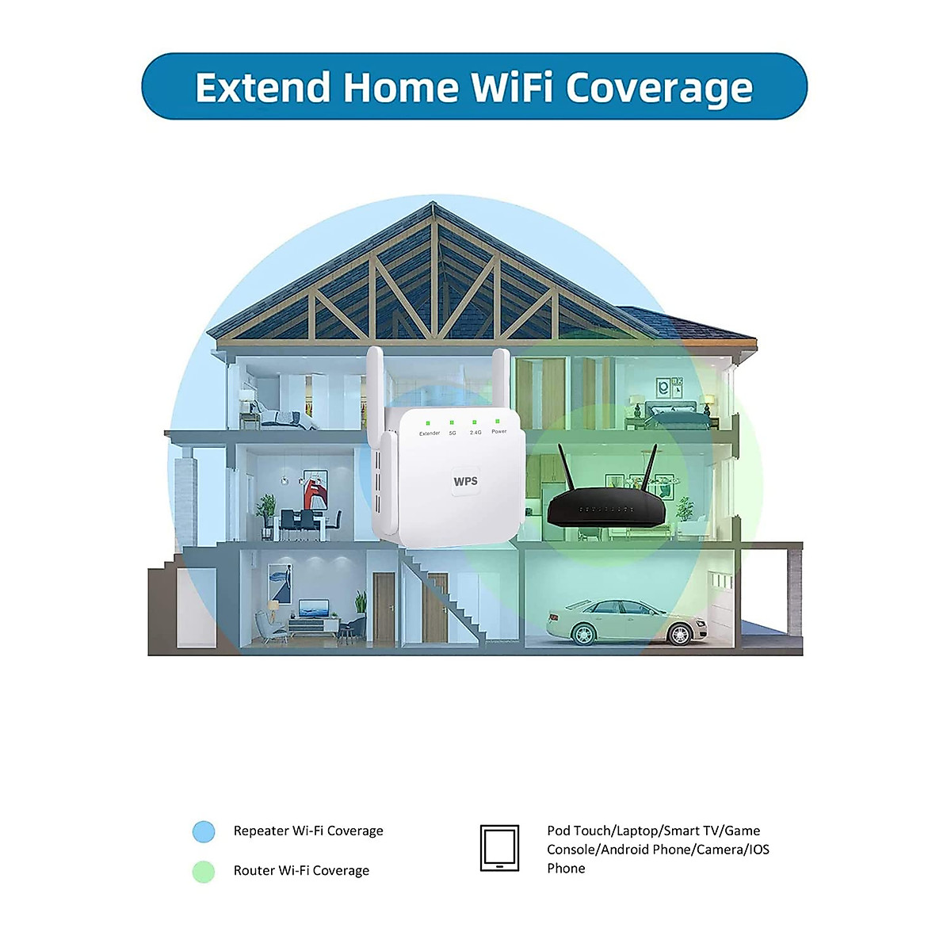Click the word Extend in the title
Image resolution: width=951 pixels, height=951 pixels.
click(x=262, y=87)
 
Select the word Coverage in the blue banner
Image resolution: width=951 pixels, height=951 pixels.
click(x=659, y=89)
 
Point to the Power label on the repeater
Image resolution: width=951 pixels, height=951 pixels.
click(x=498, y=431)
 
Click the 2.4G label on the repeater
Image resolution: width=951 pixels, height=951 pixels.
click(x=475, y=432)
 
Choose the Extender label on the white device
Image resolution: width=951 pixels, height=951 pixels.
click(x=430, y=433)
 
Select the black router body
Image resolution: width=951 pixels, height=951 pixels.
click(x=607, y=507)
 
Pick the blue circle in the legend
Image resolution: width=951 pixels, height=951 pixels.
click(x=204, y=831)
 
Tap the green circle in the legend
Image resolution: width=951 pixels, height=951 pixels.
click(x=204, y=871)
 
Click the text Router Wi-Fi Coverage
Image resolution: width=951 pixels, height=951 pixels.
click(x=301, y=870)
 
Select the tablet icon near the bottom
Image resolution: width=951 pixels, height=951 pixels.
click(x=499, y=848)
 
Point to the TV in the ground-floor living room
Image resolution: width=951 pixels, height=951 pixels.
click(x=314, y=609)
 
